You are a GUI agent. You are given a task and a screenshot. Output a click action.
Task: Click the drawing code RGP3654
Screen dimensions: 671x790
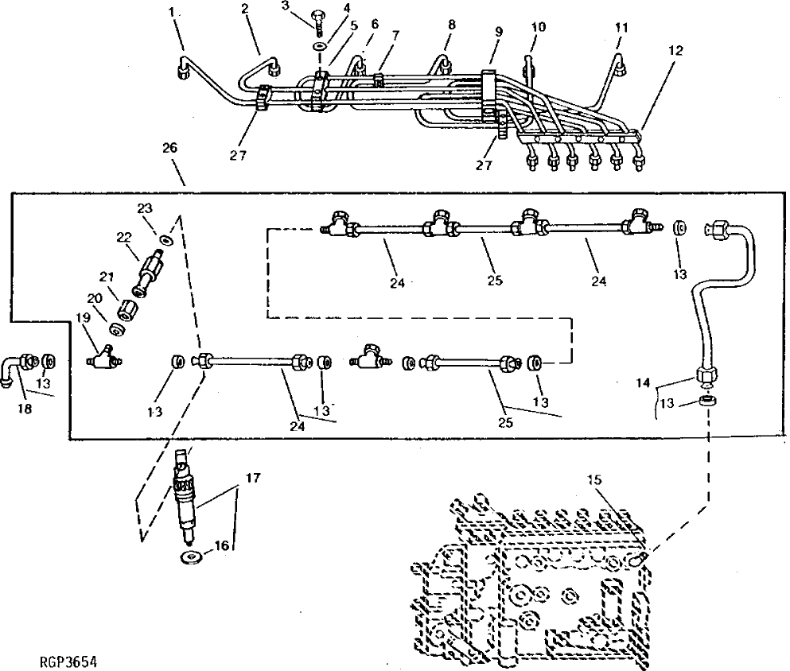click(61, 661)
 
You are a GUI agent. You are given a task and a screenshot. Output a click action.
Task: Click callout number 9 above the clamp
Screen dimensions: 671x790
click(498, 33)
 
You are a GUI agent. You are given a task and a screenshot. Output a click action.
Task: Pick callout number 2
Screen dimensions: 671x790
click(245, 10)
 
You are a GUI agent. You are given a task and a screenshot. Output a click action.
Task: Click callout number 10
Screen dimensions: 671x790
click(538, 26)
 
